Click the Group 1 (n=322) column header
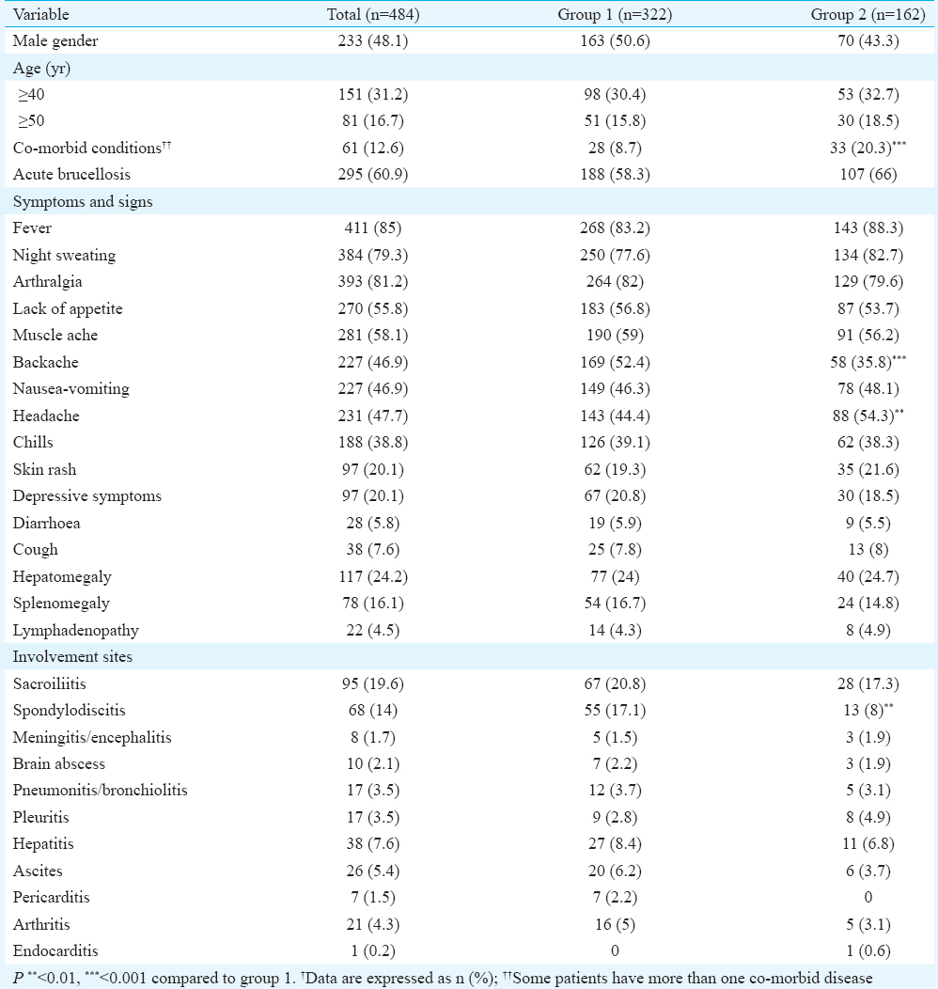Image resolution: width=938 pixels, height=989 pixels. (x=615, y=14)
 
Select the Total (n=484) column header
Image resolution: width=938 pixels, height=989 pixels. (x=373, y=14)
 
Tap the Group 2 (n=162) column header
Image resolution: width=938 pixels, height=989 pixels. (x=868, y=14)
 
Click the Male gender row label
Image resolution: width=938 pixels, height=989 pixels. (x=55, y=41)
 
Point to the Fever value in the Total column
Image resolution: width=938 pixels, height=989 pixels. (x=373, y=228)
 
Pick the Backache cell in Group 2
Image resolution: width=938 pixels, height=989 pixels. (x=868, y=361)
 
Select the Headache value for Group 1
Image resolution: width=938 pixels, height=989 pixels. (x=616, y=416)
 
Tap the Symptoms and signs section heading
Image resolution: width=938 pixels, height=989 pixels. (x=83, y=201)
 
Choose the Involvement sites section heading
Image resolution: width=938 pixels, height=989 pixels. (x=72, y=656)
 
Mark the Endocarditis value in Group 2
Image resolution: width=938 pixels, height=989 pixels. (x=868, y=950)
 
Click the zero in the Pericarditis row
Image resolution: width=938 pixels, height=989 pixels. (x=868, y=897)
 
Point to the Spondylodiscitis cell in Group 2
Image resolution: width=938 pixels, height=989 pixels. (x=868, y=710)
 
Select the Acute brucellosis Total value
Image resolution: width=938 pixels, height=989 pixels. (x=373, y=174)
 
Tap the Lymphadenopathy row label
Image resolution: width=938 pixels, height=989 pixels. (x=75, y=630)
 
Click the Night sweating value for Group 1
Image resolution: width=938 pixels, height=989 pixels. (x=616, y=255)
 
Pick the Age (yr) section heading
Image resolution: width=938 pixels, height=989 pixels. (x=41, y=68)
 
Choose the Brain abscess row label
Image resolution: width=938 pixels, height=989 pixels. (x=58, y=763)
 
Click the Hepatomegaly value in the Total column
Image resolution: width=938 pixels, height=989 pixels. (x=373, y=576)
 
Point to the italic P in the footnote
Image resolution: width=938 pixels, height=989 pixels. (x=18, y=979)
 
